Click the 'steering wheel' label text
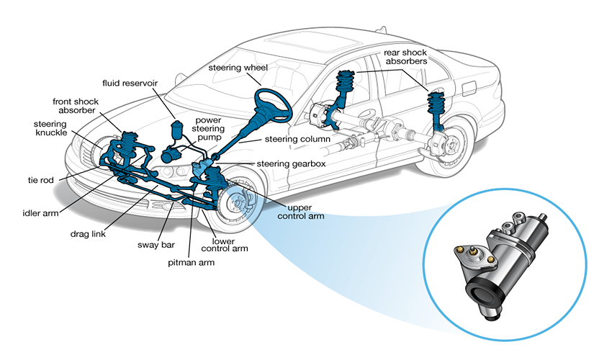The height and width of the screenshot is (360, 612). coord(238,68)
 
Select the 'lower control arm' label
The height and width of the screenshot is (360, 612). coord(230,245)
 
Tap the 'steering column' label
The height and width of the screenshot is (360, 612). coord(297,138)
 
